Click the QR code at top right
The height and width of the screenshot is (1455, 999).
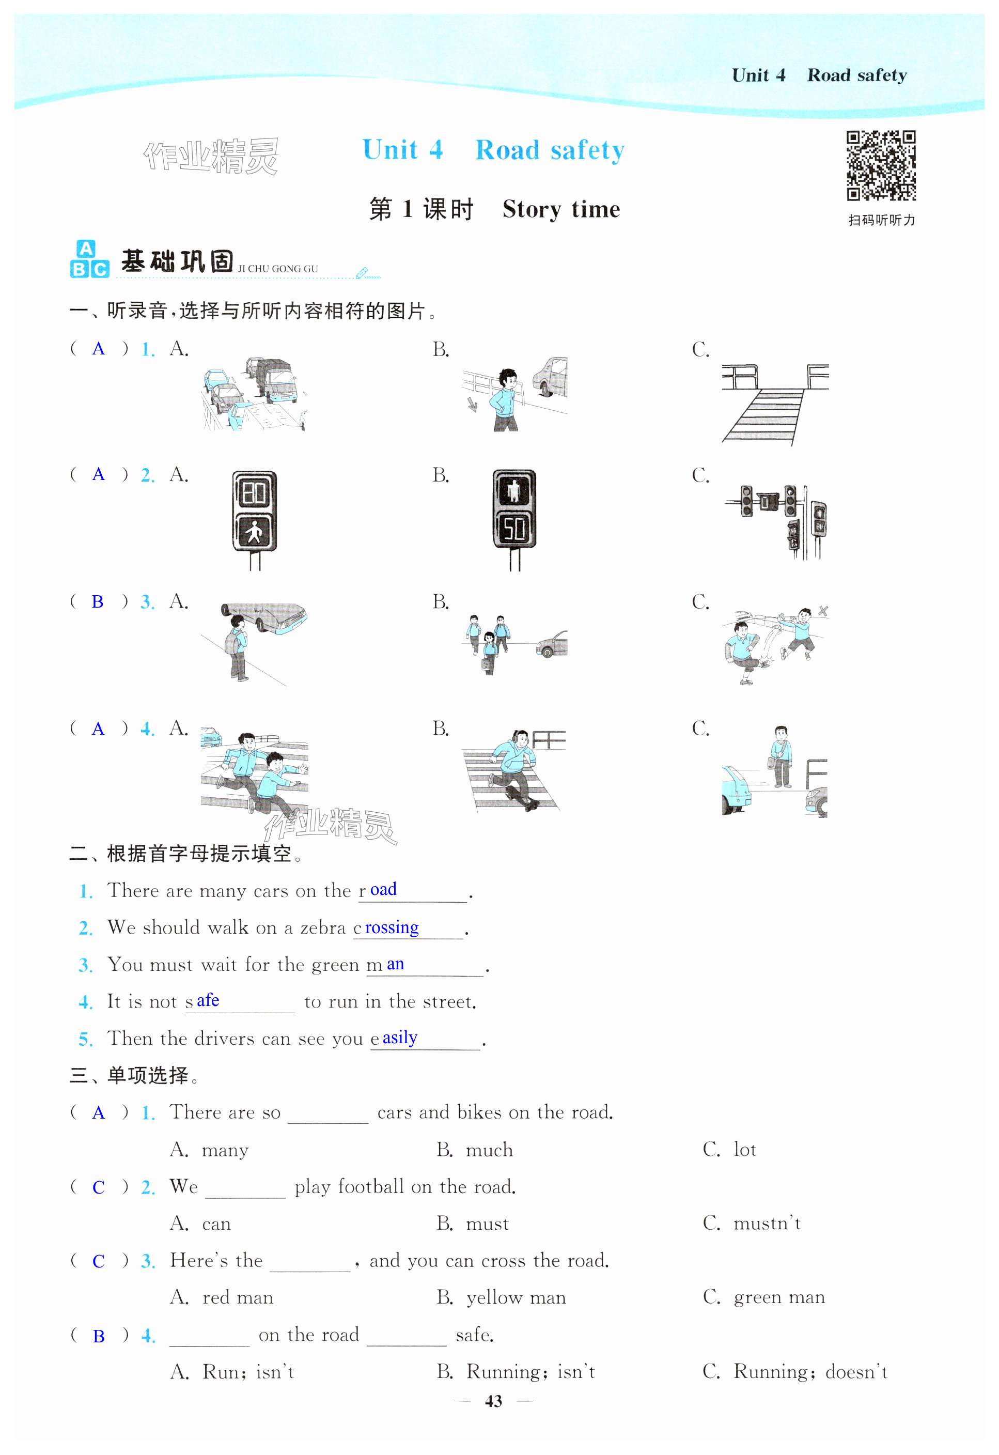tap(881, 165)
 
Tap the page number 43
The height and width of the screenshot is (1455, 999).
tap(493, 1401)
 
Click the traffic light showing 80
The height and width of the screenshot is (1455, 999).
tap(254, 512)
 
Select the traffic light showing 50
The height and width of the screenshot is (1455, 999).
tap(514, 512)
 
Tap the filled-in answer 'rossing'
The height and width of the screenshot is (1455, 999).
tap(392, 927)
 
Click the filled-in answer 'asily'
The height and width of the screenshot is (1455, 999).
tap(400, 1038)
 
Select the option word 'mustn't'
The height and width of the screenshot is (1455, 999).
tap(767, 1224)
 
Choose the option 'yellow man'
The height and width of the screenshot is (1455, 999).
tap(516, 1298)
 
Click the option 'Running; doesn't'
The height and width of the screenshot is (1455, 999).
tap(810, 1372)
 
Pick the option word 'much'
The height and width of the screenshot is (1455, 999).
tap(489, 1150)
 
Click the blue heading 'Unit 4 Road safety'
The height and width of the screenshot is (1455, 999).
tap(493, 150)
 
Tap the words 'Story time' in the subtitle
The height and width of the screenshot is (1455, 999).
tap(561, 209)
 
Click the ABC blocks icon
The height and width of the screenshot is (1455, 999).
tap(89, 259)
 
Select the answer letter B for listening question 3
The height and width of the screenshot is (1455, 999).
tap(98, 601)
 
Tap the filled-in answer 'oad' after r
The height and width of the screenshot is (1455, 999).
tap(383, 890)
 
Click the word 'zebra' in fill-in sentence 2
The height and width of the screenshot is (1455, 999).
tap(322, 927)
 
